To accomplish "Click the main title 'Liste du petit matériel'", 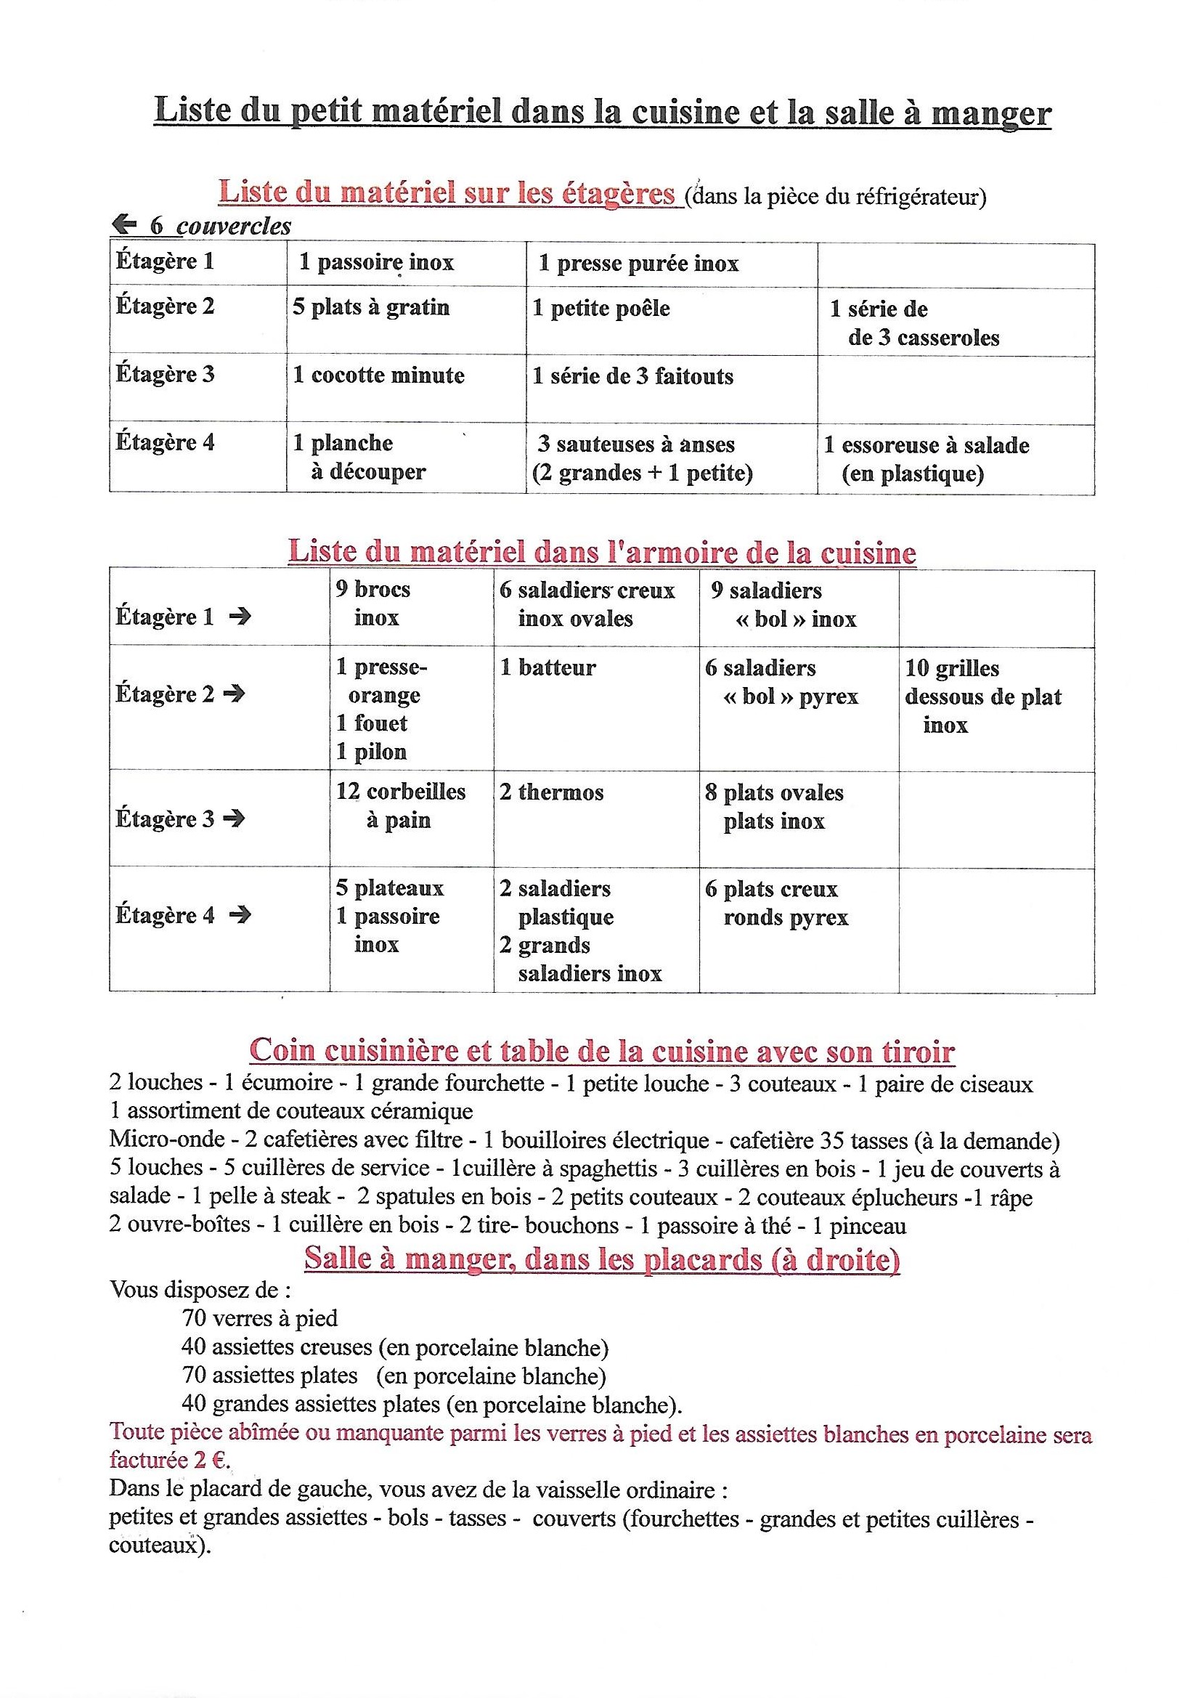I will [x=602, y=113].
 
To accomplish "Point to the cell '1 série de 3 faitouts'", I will [x=633, y=376].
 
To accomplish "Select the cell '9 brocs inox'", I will [x=372, y=604].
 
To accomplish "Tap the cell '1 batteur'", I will [x=547, y=668].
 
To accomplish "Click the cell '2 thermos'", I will [x=551, y=792].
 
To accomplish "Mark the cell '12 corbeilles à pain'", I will [x=400, y=806].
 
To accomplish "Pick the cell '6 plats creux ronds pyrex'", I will [x=776, y=903].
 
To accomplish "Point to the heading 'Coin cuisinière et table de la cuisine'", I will [x=602, y=1051].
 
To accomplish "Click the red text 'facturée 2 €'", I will [x=169, y=1461].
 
